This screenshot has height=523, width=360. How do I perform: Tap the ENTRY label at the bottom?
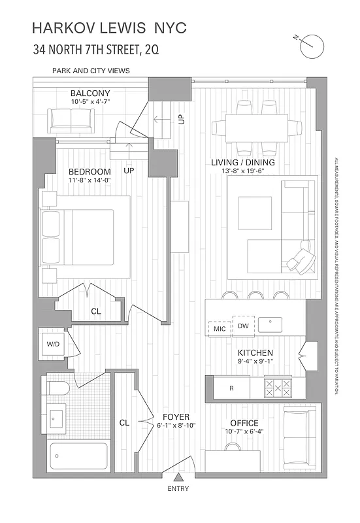(x=178, y=488)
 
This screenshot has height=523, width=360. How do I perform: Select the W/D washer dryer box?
(x=52, y=343)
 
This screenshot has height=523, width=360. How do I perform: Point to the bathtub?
(x=72, y=454)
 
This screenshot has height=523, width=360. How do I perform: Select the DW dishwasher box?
(x=243, y=326)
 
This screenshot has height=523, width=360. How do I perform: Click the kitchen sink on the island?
(x=270, y=323)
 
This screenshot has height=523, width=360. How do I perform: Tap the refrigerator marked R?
(x=231, y=388)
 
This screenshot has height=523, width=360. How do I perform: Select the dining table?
(x=257, y=127)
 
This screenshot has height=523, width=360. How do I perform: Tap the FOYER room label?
(x=176, y=416)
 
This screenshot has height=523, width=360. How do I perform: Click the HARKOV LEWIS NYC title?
(x=109, y=28)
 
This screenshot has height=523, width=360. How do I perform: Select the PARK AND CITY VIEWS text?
(x=91, y=70)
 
